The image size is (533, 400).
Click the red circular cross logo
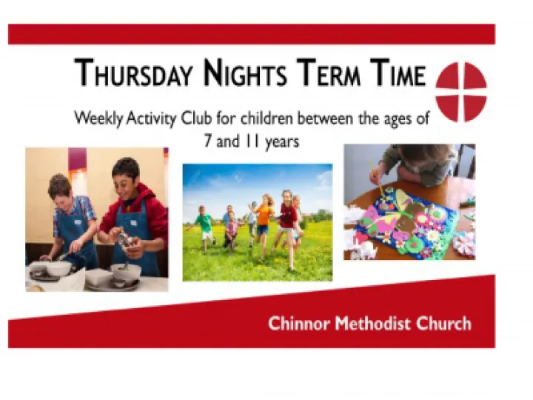(460, 92)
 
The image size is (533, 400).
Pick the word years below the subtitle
(281, 141)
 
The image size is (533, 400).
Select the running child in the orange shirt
(264, 215)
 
